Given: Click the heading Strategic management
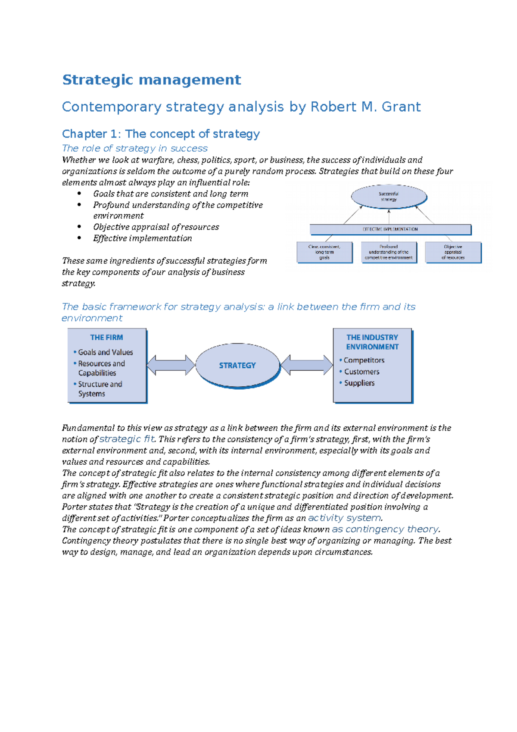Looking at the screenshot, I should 151,80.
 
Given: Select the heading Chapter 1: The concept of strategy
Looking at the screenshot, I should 161,134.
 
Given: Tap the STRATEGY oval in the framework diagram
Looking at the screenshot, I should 237,365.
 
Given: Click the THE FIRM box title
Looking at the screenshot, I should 106,338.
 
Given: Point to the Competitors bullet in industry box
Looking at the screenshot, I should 364,360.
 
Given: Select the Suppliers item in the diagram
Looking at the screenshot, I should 359,383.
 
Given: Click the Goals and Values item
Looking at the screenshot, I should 105,352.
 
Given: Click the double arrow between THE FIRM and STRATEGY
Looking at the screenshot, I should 171,365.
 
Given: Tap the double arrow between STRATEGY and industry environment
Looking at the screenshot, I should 306,365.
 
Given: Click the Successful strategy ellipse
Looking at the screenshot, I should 389,197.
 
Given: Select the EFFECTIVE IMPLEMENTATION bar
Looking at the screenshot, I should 390,229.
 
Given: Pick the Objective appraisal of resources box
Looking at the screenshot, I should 453,252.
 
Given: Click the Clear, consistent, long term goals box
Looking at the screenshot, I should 324,252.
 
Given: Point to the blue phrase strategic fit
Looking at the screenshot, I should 127,439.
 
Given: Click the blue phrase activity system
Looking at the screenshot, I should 345,518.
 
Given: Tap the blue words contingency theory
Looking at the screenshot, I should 392,529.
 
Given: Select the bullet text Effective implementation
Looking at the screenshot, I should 143,238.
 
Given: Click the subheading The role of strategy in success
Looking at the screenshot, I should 135,148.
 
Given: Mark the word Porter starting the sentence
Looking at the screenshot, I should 74,507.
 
